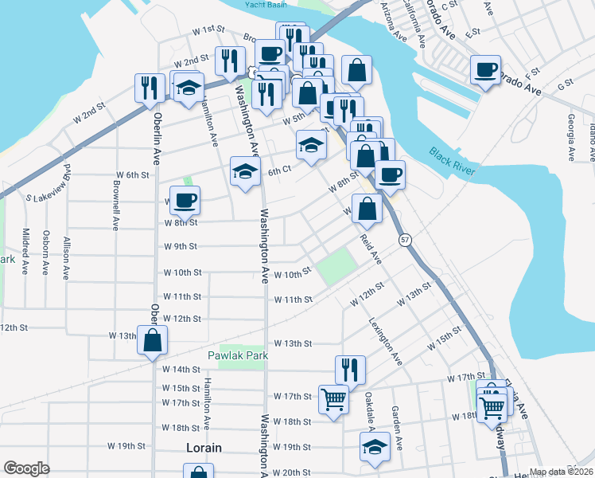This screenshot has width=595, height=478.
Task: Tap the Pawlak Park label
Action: pos(235,355)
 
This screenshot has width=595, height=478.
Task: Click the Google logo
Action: pos(26,468)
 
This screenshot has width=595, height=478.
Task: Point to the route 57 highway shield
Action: pos(406,239)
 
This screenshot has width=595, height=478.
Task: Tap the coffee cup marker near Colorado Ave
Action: pos(484,70)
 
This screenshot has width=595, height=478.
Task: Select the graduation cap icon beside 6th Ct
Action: pos(245,170)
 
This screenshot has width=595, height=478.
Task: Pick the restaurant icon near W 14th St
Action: pos(350,369)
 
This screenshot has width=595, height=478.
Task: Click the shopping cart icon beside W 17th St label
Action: pos(333,398)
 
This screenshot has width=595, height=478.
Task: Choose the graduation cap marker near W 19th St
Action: pos(375,448)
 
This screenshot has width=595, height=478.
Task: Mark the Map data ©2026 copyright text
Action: pos(559,472)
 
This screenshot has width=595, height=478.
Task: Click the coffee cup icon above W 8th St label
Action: pos(185,200)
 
